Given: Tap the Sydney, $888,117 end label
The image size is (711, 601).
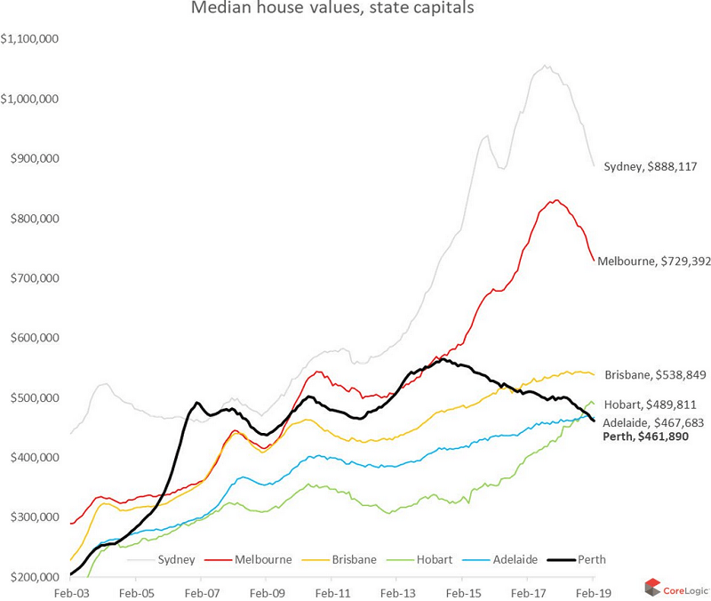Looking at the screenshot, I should coord(654,166).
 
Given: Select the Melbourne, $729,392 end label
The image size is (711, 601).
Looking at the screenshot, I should coord(653,261).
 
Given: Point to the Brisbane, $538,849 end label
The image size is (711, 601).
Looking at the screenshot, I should coord(657,374).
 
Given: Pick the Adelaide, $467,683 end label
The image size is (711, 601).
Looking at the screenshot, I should coord(656,422).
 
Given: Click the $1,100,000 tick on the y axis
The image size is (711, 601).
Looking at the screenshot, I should coord(31,39).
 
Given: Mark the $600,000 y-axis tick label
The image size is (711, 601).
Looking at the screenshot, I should coord(31,338).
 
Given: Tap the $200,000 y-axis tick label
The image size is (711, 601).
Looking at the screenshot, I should coord(31,576).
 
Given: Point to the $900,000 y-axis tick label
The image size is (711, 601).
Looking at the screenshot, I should coord(31,158).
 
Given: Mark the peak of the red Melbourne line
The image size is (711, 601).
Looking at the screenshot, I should coord(555,200).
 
